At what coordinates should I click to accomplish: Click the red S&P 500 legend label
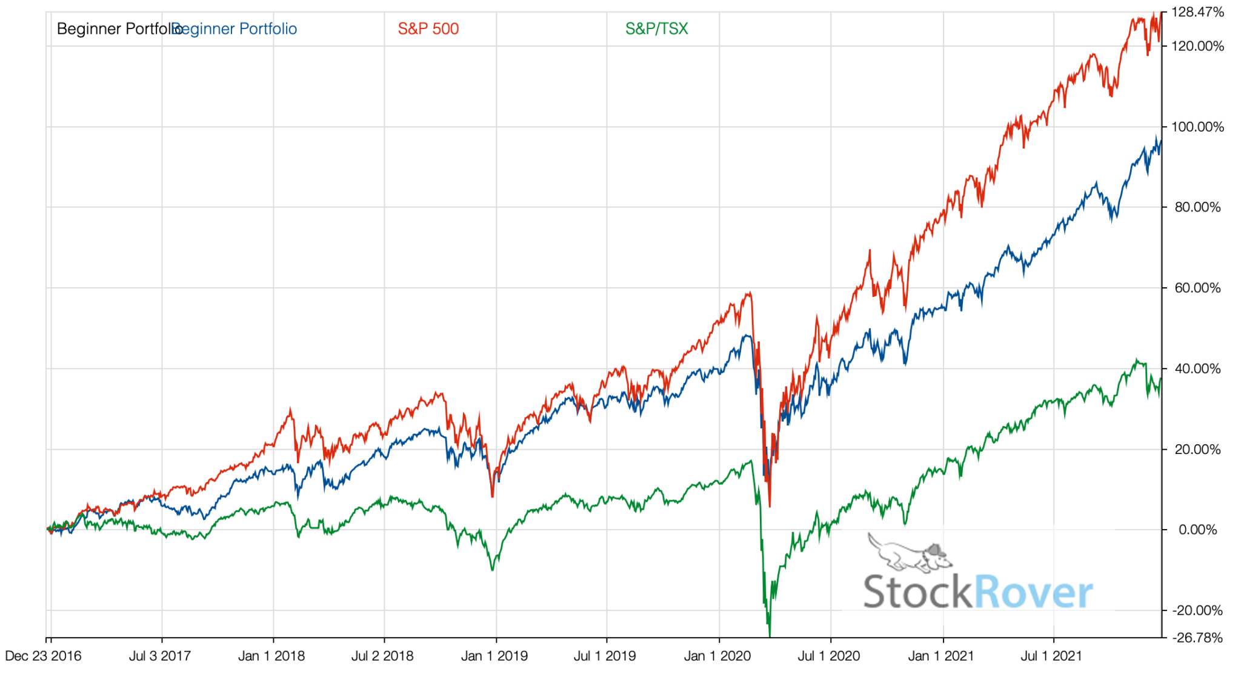tap(428, 29)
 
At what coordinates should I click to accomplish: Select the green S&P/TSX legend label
tap(656, 29)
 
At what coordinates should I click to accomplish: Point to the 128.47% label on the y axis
tap(1197, 12)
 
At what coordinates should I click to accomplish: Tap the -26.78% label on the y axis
tap(1197, 638)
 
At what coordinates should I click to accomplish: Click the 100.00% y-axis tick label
tap(1197, 127)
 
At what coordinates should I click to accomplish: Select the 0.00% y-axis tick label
tap(1197, 530)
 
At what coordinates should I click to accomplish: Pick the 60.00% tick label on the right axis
tap(1197, 288)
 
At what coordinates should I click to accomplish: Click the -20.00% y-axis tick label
tap(1197, 610)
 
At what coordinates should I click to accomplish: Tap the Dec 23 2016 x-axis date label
tap(43, 656)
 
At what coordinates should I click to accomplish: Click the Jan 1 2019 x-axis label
tap(494, 656)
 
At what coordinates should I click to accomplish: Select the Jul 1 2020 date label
tap(828, 656)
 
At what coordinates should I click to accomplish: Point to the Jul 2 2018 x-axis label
tap(382, 656)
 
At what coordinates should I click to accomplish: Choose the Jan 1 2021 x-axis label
tap(940, 656)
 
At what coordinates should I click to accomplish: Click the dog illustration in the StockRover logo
tap(909, 553)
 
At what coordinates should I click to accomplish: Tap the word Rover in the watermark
tap(1033, 592)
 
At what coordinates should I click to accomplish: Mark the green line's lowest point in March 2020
tap(770, 635)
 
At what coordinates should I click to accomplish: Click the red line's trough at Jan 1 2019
tap(492, 496)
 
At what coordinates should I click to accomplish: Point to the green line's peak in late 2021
tap(1137, 360)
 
